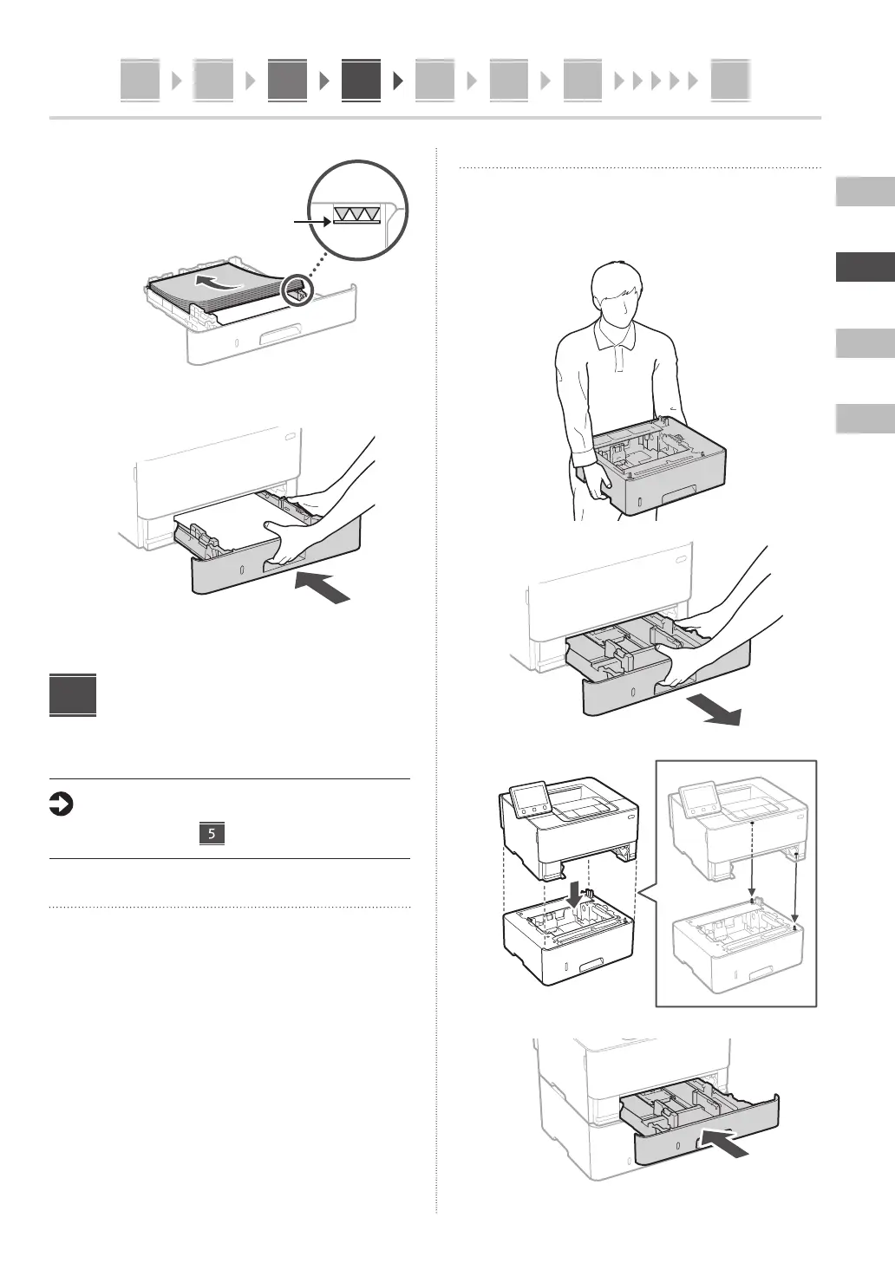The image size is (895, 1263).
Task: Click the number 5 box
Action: pos(212,834)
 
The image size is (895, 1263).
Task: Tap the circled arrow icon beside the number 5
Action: pos(62,805)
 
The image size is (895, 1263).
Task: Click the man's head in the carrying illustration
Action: pos(617,299)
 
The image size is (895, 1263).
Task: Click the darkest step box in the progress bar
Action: pos(361,80)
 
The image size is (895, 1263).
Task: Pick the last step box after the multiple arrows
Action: pos(729,80)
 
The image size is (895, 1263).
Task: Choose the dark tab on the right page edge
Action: pos(865,267)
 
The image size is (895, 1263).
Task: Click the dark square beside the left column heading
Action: pos(73,695)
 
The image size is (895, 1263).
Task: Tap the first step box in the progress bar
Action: pos(140,80)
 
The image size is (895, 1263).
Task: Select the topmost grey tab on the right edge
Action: pos(865,192)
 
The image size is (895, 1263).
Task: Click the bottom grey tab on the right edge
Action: pos(865,419)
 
